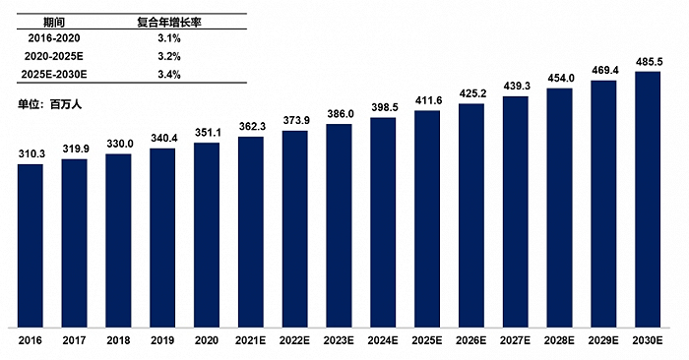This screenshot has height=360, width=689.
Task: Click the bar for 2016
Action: [31, 245]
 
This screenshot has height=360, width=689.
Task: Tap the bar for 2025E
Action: [427, 218]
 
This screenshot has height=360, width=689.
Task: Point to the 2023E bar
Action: [339, 225]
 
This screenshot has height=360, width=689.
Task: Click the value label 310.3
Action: [31, 154]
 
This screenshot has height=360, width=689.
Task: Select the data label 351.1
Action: [207, 134]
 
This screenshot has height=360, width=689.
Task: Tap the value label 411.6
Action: [427, 101]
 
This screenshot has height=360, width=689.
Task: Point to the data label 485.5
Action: [648, 62]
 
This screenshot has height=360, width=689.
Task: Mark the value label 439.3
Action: [516, 87]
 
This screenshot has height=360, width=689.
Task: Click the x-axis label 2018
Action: [119, 340]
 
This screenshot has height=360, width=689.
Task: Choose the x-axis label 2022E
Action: [295, 340]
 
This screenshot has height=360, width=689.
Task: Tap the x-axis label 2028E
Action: [559, 340]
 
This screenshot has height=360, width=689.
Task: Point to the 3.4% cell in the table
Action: [166, 74]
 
